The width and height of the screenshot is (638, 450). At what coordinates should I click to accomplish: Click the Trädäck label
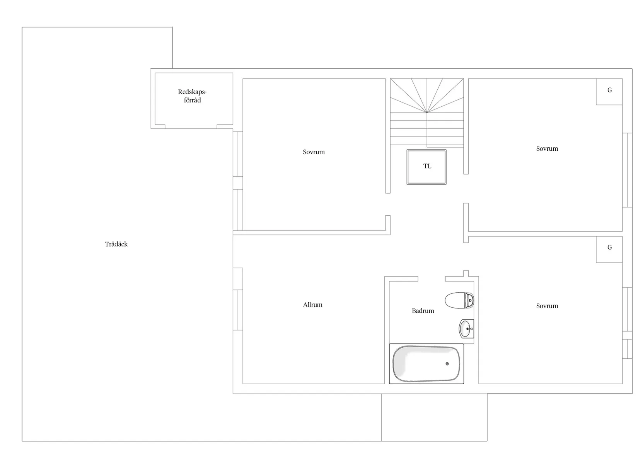pyautogui.click(x=116, y=244)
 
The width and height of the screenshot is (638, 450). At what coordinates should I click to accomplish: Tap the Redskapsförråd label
pyautogui.click(x=192, y=96)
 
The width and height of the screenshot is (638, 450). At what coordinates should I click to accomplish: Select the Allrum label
pyautogui.click(x=312, y=305)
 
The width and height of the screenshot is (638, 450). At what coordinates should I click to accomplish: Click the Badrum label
pyautogui.click(x=423, y=311)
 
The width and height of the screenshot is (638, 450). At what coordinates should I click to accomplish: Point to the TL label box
pyautogui.click(x=426, y=167)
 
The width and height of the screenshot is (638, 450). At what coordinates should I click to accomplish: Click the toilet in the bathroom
pyautogui.click(x=459, y=300)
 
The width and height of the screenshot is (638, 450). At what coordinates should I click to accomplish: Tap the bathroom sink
pyautogui.click(x=466, y=329)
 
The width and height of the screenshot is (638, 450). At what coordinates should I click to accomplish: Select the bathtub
pyautogui.click(x=426, y=364)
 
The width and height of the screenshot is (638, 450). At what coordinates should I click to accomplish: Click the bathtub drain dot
pyautogui.click(x=447, y=364)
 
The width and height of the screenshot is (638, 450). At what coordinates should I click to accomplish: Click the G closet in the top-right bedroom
pyautogui.click(x=609, y=91)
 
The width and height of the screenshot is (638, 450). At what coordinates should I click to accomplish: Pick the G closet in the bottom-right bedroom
pyautogui.click(x=609, y=249)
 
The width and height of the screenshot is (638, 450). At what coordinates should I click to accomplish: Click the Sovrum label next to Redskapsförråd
pyautogui.click(x=314, y=152)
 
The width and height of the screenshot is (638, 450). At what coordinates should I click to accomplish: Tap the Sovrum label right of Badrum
pyautogui.click(x=547, y=306)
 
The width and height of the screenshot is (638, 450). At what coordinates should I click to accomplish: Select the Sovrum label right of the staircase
pyautogui.click(x=547, y=149)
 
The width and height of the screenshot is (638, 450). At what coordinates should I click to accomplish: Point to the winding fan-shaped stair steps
pyautogui.click(x=426, y=95)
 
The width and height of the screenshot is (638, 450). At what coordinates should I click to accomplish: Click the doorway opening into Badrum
pyautogui.click(x=432, y=279)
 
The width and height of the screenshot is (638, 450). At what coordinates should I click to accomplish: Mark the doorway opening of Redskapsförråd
pyautogui.click(x=191, y=126)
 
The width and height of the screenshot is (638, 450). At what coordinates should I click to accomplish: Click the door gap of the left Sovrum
pyautogui.click(x=388, y=205)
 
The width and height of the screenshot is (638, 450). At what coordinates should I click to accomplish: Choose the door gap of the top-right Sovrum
pyautogui.click(x=466, y=189)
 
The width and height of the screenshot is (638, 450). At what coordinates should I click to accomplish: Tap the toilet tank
pyautogui.click(x=469, y=300)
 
